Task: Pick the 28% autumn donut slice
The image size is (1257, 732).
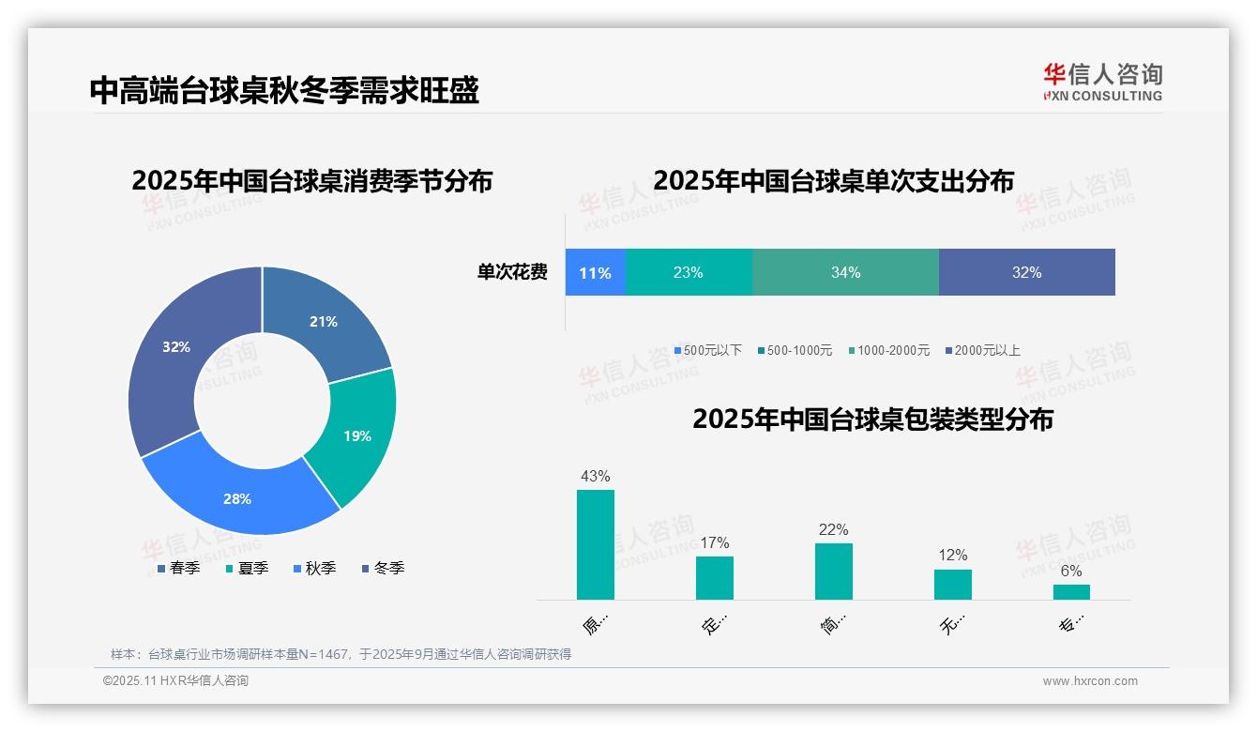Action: (239, 496)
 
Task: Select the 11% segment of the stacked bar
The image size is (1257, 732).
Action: (595, 273)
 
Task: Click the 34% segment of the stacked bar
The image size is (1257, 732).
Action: (845, 273)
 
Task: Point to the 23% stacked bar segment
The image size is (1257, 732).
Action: (688, 273)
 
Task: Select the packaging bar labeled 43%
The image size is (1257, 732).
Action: (595, 544)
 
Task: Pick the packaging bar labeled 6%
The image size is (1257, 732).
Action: (1071, 591)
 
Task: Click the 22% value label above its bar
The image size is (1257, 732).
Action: (833, 530)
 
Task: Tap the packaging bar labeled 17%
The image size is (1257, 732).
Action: (714, 577)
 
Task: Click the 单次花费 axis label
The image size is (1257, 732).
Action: (512, 273)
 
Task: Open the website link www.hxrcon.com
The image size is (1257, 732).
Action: (1089, 681)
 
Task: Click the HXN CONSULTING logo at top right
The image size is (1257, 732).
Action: (1102, 82)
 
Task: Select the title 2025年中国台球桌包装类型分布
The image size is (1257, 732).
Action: (872, 419)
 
